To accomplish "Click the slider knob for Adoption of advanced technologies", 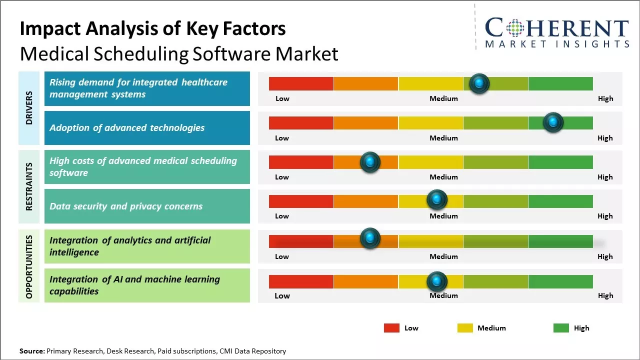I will click(x=553, y=122).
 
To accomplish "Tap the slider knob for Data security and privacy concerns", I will click(x=437, y=200).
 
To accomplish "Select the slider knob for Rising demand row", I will click(x=479, y=83).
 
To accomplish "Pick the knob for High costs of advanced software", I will click(x=370, y=162).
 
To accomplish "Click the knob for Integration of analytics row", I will click(x=370, y=238).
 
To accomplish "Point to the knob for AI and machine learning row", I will click(x=437, y=281).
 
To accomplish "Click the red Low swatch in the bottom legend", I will click(x=391, y=328).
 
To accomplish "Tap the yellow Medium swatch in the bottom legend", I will click(x=465, y=328).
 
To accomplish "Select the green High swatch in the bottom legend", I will click(x=561, y=328).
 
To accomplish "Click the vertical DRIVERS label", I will click(x=29, y=108).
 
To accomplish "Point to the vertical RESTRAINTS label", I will click(x=29, y=186).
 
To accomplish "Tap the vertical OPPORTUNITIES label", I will click(x=29, y=266).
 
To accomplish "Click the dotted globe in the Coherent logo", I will click(x=514, y=28).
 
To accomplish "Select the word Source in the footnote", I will click(x=31, y=351).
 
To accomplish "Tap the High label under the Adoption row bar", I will click(x=605, y=138).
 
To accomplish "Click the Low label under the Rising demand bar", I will click(x=282, y=98).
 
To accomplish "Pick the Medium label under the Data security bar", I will click(x=443, y=216).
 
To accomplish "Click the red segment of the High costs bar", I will click(x=301, y=162).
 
